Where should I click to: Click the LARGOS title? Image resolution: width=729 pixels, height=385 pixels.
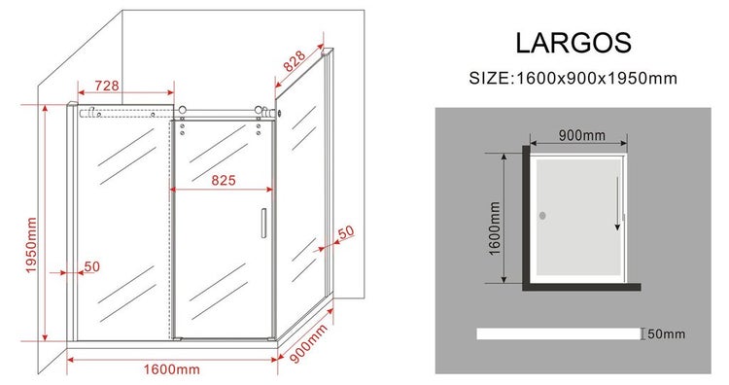573,43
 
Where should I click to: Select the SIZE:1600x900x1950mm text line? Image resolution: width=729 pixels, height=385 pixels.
573,78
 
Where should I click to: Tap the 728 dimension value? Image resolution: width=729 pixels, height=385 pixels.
107,86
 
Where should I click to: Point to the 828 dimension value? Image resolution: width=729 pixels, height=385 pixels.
295,61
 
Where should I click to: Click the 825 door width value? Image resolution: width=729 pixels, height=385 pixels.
224,180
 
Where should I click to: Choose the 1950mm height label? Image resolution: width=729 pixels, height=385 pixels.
31,245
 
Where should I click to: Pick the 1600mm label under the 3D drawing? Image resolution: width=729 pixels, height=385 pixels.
171,369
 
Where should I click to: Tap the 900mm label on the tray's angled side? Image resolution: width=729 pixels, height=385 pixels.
309,343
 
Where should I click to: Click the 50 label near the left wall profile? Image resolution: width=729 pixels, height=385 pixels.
91,266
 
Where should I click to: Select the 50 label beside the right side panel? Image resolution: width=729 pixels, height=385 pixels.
345,232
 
